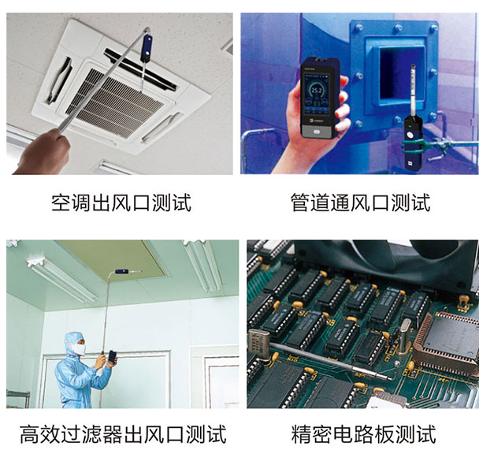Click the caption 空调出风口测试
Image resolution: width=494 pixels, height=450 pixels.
(x=121, y=203)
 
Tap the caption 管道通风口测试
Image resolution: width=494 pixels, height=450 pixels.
(x=360, y=203)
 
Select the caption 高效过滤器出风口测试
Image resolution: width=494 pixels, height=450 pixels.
(x=123, y=434)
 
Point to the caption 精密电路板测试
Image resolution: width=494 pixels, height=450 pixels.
(x=363, y=434)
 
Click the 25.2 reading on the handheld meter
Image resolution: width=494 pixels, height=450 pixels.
(x=316, y=91)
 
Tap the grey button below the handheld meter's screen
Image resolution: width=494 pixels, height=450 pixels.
(x=316, y=132)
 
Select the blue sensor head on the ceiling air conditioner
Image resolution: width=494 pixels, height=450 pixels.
(x=147, y=48)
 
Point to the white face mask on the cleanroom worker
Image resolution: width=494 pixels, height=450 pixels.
(x=79, y=349)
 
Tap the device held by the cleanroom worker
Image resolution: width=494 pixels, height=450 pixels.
(x=112, y=357)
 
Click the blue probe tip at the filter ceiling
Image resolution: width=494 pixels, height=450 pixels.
(x=122, y=271)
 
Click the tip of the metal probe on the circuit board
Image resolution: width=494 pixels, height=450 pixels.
(x=392, y=377)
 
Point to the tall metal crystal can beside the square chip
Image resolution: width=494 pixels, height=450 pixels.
(x=405, y=335)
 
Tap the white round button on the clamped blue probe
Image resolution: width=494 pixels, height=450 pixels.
(x=410, y=135)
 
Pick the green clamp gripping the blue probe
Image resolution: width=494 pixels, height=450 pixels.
(x=413, y=145)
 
